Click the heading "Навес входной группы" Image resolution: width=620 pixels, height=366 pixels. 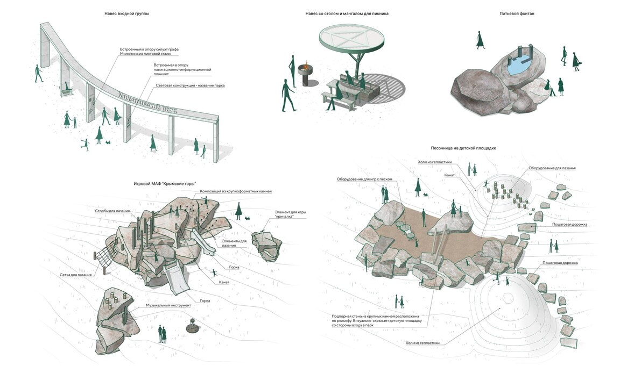pyautogui.click(x=126, y=13)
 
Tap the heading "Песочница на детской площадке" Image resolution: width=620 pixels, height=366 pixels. pyautogui.click(x=463, y=147)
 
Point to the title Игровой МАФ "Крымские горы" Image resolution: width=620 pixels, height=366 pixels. pyautogui.click(x=164, y=184)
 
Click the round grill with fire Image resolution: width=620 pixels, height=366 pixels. pyautogui.click(x=305, y=73)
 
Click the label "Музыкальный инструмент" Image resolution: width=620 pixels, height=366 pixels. pyautogui.click(x=168, y=305)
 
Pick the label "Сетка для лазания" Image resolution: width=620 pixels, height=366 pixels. pyautogui.click(x=75, y=275)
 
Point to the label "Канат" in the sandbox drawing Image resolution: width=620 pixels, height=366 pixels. pyautogui.click(x=451, y=175)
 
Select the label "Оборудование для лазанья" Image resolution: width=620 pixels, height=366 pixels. pyautogui.click(x=552, y=168)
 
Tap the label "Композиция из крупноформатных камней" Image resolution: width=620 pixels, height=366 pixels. pyautogui.click(x=236, y=191)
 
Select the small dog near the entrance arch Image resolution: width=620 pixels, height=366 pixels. pyautogui.click(x=107, y=142)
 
